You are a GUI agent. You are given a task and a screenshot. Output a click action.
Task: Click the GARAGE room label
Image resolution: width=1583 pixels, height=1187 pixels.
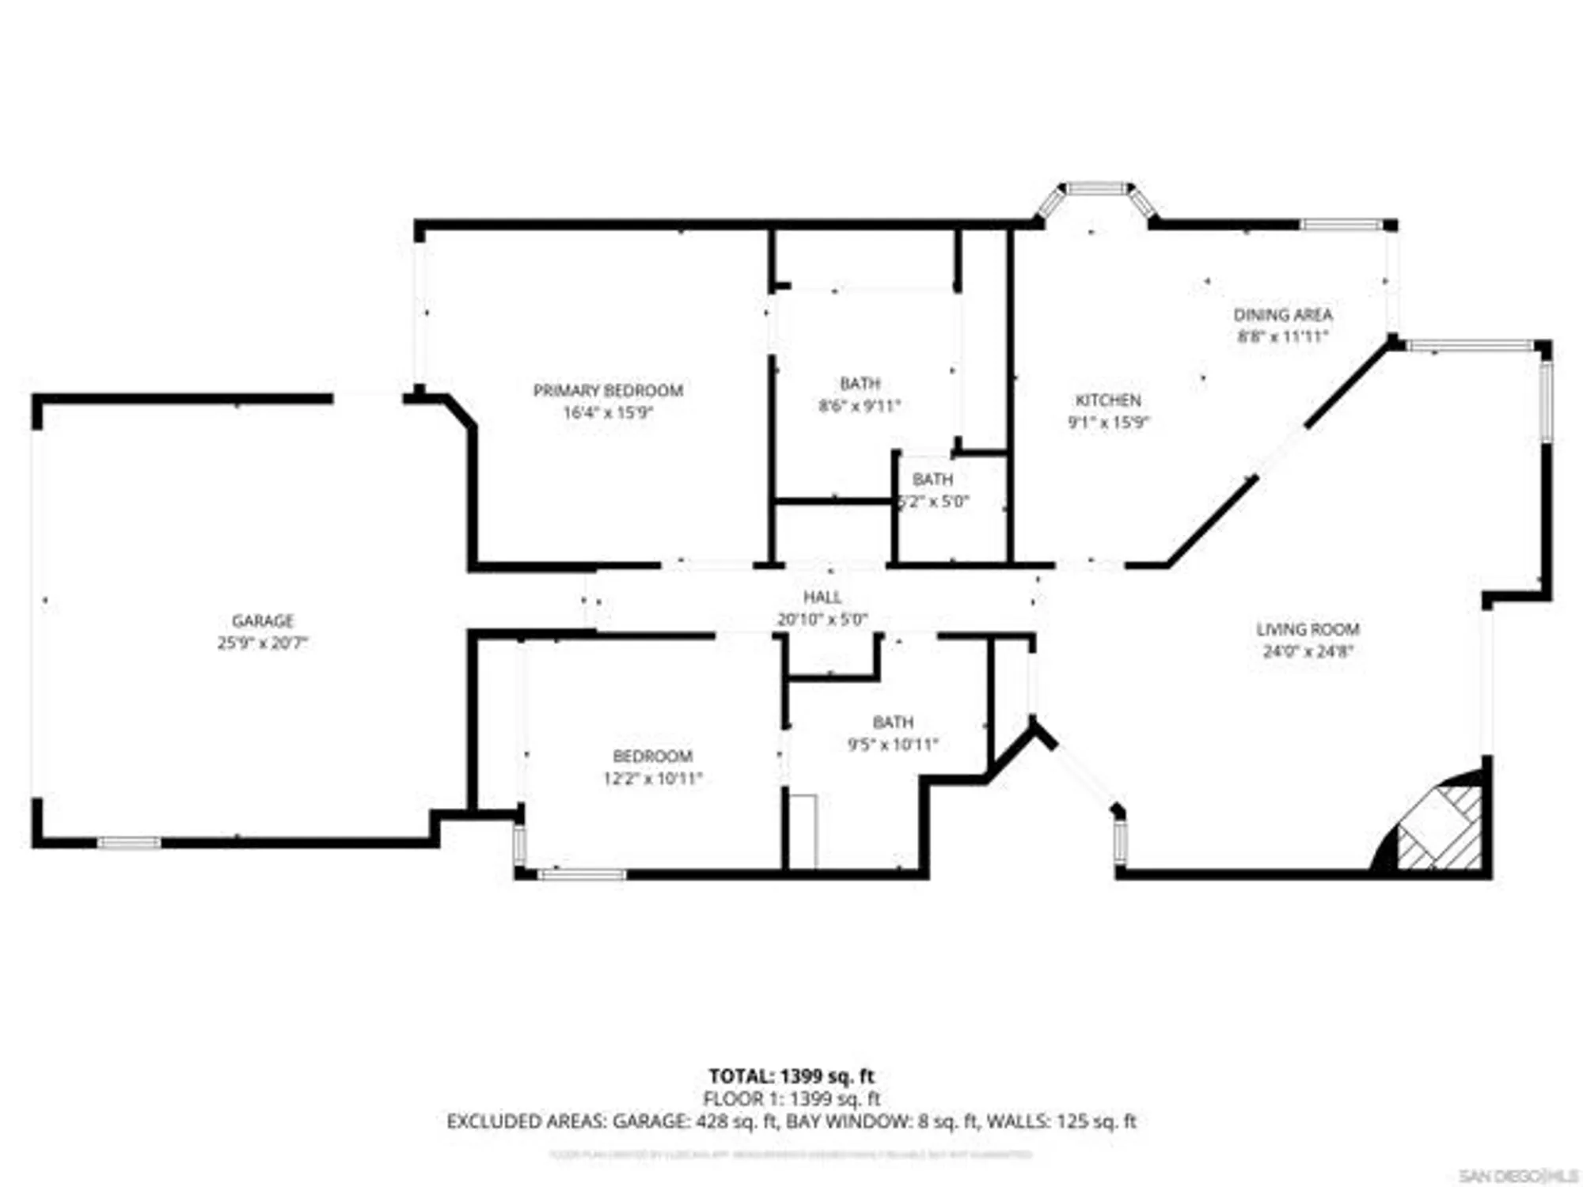coord(262,620)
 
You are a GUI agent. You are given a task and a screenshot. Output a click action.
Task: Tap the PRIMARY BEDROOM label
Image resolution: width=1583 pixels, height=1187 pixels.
coord(607,390)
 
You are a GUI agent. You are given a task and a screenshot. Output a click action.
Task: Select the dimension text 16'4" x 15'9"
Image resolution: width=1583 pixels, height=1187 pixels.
coord(607,412)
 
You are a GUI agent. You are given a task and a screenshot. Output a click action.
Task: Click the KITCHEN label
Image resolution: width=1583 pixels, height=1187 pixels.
coord(1107,400)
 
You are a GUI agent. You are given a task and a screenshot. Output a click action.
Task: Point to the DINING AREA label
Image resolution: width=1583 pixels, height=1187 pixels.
coord(1282,314)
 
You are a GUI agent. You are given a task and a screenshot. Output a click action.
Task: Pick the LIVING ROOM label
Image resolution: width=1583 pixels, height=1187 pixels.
coord(1308,629)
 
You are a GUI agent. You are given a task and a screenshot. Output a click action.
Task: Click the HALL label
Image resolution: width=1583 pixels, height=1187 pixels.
coord(822,597)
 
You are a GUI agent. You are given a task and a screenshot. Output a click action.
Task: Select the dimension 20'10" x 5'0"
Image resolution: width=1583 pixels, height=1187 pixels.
coord(822,619)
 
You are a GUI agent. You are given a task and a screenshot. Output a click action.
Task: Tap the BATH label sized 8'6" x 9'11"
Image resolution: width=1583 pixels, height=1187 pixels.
coord(860,384)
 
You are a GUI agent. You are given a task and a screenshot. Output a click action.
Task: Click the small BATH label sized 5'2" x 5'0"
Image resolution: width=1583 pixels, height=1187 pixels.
coord(932,479)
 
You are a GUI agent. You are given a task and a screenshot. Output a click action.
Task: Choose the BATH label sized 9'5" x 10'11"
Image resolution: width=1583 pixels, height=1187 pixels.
coord(893,722)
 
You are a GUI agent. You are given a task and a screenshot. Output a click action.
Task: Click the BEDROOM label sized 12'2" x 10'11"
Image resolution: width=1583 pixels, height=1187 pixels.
coord(652,756)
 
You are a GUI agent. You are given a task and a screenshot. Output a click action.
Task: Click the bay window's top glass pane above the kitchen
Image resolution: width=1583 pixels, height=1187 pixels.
coord(1096,188)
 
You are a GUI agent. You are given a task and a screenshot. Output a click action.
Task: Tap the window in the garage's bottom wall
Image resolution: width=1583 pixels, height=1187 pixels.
coord(129,843)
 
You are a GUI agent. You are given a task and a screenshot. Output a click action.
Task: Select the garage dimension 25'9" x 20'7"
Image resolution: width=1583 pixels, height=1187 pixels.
coord(262,643)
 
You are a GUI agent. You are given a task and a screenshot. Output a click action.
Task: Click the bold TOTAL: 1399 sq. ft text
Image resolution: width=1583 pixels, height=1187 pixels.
coord(791,1076)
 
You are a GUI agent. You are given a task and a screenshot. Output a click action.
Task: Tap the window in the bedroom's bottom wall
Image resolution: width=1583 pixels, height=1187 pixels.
coord(582,874)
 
